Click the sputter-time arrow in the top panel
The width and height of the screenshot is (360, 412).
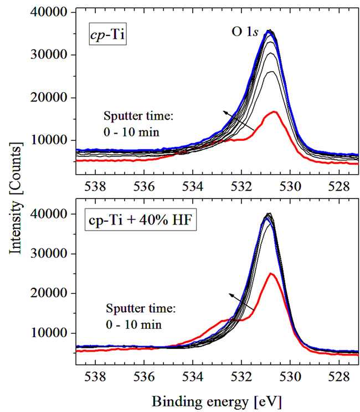click(239, 121)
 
